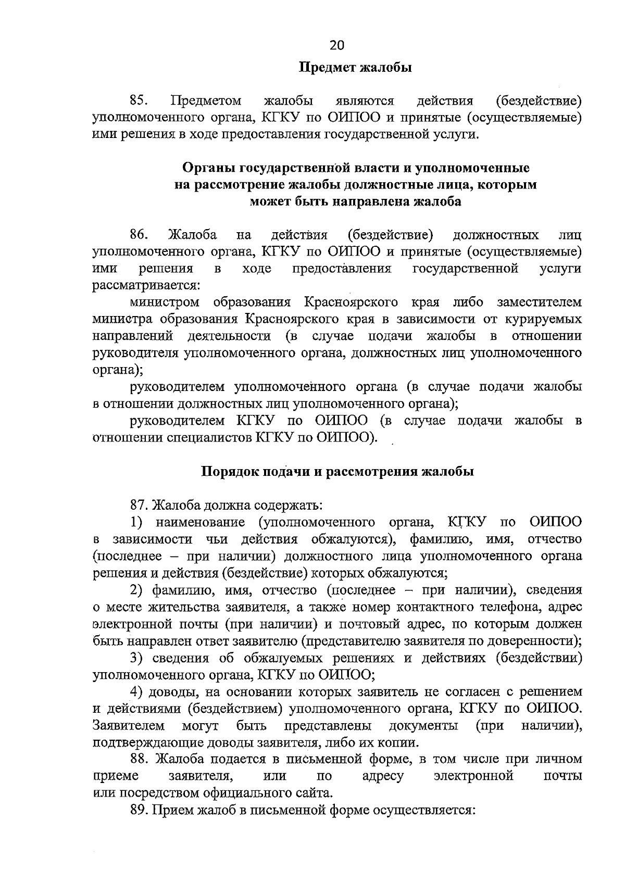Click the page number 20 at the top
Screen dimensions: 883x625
(x=337, y=46)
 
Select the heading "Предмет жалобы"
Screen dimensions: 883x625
(x=355, y=68)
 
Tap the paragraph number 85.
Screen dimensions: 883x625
(x=140, y=100)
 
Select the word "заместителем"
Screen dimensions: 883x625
(x=540, y=302)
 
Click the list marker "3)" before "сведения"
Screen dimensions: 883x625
(x=136, y=658)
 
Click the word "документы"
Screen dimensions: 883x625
(x=423, y=726)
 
